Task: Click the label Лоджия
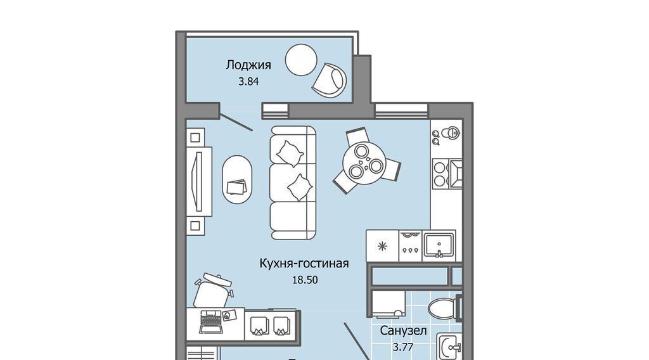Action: click(x=248, y=65)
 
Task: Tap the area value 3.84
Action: click(x=248, y=82)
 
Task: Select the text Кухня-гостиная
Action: click(x=304, y=263)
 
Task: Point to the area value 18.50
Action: click(x=305, y=280)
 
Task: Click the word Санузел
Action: click(x=403, y=331)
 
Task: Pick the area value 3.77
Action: click(x=402, y=347)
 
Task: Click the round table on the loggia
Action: click(x=301, y=60)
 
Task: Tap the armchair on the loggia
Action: click(x=330, y=80)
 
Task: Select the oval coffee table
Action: click(x=237, y=179)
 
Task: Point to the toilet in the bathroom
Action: click(x=444, y=308)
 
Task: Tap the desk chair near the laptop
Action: click(x=213, y=290)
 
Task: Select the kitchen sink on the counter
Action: click(x=439, y=246)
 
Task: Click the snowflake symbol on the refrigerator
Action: click(x=382, y=247)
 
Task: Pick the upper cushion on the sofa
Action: click(x=290, y=153)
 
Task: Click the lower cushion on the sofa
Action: click(x=300, y=188)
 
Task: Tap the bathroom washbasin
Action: click(x=450, y=347)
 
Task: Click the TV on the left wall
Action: click(x=199, y=182)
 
